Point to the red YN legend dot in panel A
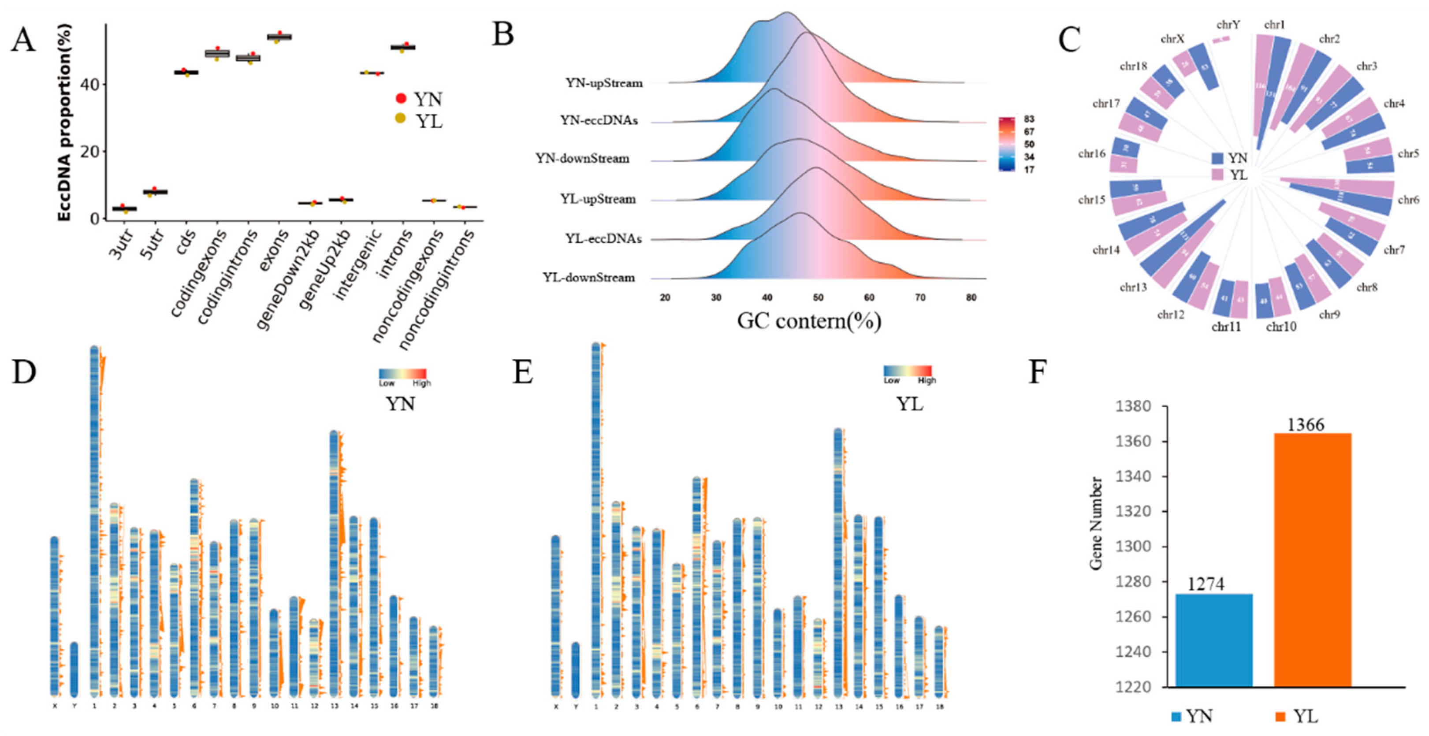click(x=401, y=99)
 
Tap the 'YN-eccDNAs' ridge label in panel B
click(x=598, y=120)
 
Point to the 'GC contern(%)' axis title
click(x=809, y=320)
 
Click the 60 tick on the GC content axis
click(x=869, y=298)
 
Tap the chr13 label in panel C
click(x=1133, y=287)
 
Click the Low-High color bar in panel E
click(x=908, y=371)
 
